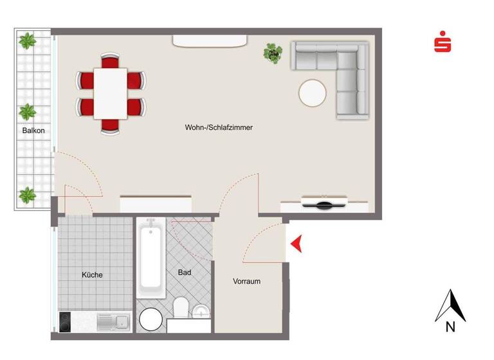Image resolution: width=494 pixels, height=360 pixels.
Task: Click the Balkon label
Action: tap(33, 130)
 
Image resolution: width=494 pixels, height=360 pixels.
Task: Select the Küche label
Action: tap(92, 274)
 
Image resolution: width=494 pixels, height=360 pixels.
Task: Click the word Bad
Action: tap(185, 273)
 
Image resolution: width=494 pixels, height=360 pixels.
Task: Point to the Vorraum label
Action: tap(247, 281)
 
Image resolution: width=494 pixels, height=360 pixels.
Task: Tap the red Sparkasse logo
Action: tap(442, 44)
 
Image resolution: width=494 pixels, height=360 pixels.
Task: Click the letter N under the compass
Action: tap(450, 327)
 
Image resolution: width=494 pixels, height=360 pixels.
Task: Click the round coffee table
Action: tap(313, 93)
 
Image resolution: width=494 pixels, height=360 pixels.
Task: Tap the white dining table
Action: tap(111, 94)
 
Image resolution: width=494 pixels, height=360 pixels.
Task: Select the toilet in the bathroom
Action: tap(180, 307)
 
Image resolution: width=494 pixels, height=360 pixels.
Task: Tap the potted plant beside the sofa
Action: tap(273, 52)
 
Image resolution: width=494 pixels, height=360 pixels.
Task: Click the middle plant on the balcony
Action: tap(27, 113)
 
